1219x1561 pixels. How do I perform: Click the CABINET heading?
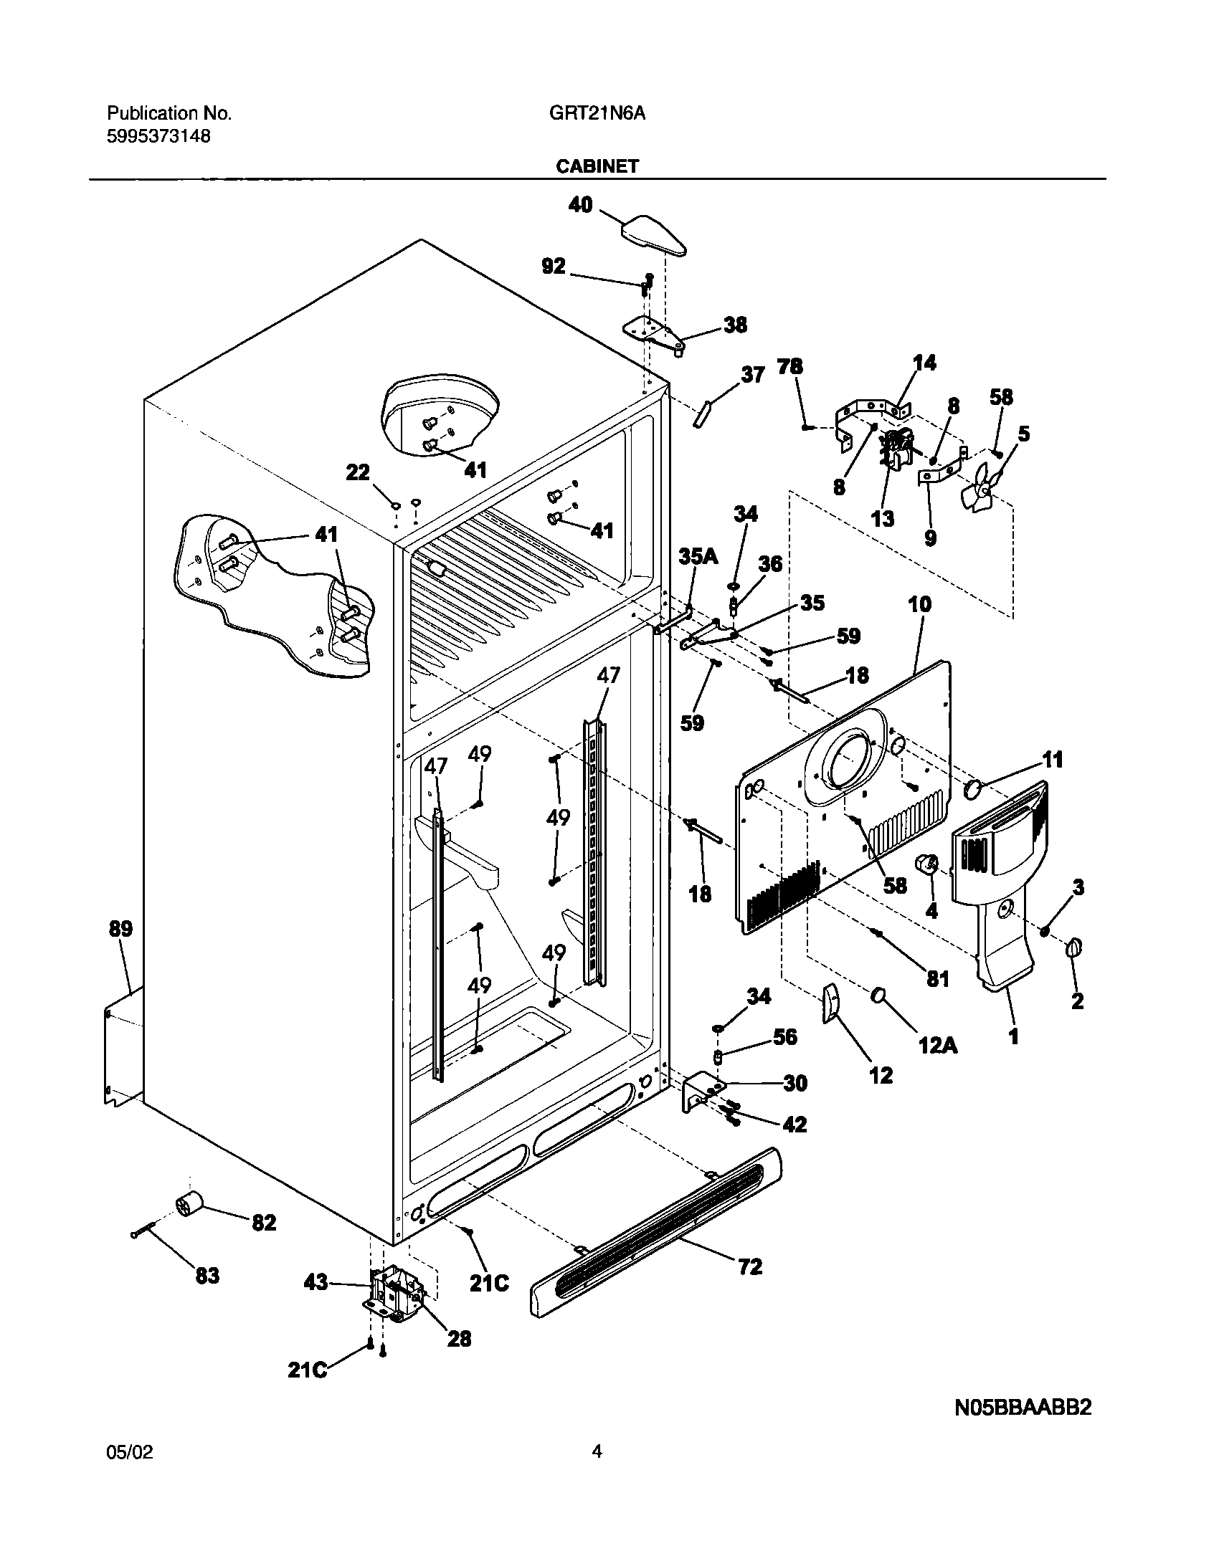click(597, 166)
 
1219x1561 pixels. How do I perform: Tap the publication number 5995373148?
click(158, 136)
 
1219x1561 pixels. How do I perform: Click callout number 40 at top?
click(581, 205)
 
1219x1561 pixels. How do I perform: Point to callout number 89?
click(120, 930)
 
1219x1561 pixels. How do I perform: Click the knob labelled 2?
click(1073, 948)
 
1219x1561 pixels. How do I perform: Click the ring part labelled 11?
click(973, 791)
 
